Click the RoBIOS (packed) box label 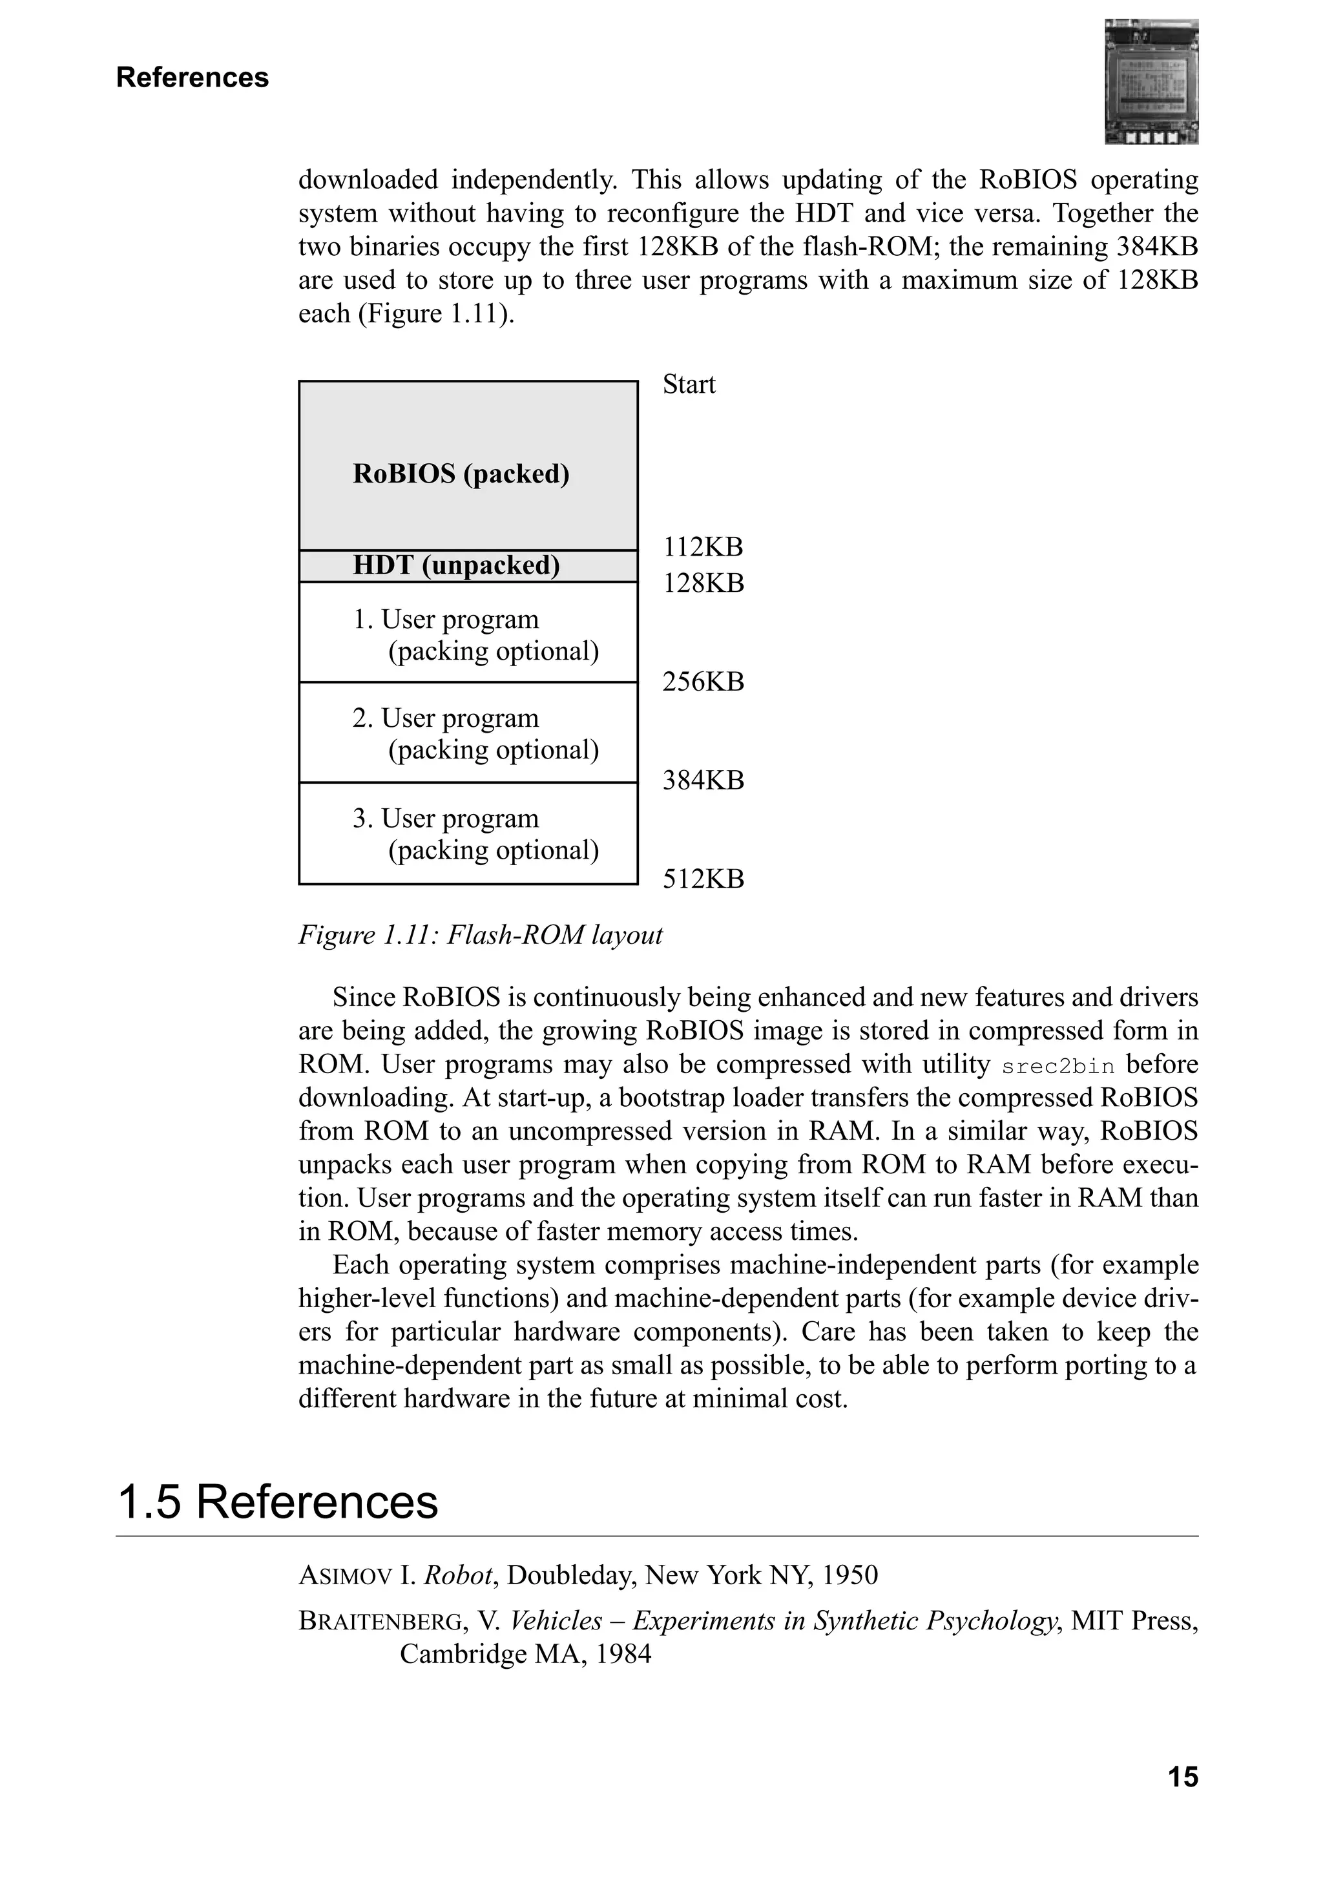tap(461, 474)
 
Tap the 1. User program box tap(468, 633)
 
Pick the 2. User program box tap(468, 733)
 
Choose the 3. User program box tap(468, 833)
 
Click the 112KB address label tap(703, 547)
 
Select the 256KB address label tap(703, 681)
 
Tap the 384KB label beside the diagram tap(703, 780)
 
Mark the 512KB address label tap(703, 879)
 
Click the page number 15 tap(1182, 1777)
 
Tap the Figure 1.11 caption tap(480, 935)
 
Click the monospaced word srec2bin tap(1057, 1067)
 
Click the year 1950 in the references tap(849, 1575)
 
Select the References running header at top tap(192, 77)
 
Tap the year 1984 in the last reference tap(623, 1653)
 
